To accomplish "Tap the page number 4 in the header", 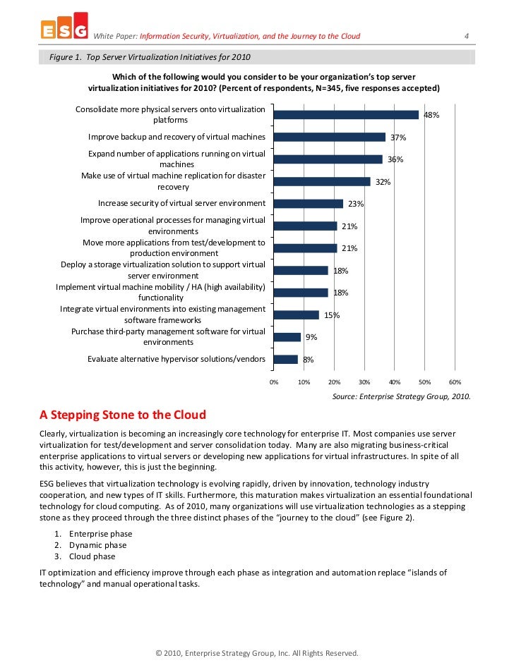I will tap(467, 36).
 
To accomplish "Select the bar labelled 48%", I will tap(346, 115).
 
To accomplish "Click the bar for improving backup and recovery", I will tap(329, 137).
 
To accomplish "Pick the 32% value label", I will tap(383, 182).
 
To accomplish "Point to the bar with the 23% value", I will tap(308, 204).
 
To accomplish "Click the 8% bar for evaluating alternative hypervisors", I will tap(285, 360).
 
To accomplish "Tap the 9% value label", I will tap(311, 337).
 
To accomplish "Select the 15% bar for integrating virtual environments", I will tap(296, 315).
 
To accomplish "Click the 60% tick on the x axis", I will tap(455, 382).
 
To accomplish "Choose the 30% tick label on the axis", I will tap(364, 382).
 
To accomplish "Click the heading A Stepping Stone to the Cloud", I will tap(123, 414).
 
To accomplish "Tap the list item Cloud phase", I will tap(94, 556).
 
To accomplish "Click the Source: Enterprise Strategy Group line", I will tap(401, 396).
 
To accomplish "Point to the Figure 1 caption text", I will tap(150, 56).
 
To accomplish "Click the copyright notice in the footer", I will tap(257, 653).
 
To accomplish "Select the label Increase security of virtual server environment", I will tap(181, 204).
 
